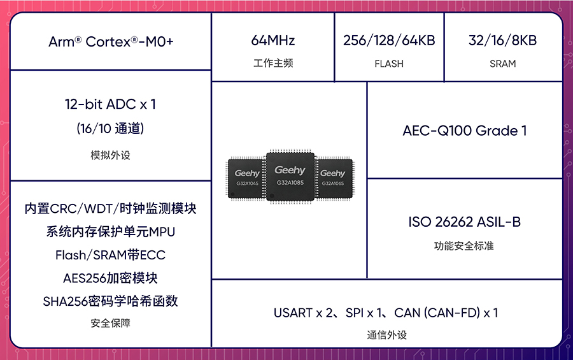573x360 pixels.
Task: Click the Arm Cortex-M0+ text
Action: pyautogui.click(x=111, y=41)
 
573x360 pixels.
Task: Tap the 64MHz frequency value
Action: pyautogui.click(x=273, y=40)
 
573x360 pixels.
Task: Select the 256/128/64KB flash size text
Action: pyautogui.click(x=389, y=40)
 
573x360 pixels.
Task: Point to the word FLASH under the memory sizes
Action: pyautogui.click(x=389, y=64)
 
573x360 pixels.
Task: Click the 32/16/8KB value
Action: pyautogui.click(x=502, y=40)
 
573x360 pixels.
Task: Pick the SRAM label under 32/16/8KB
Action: pyautogui.click(x=503, y=64)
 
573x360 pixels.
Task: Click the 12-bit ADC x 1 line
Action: pyautogui.click(x=110, y=104)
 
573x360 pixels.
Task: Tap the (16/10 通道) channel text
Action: pyautogui.click(x=110, y=129)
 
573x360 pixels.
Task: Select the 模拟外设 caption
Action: pyautogui.click(x=110, y=155)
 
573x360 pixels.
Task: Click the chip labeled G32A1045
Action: pyautogui.click(x=247, y=178)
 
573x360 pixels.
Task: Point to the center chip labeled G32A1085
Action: pyautogui.click(x=290, y=176)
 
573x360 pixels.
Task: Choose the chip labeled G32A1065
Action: pyautogui.click(x=333, y=178)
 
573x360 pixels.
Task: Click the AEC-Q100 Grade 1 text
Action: pyautogui.click(x=465, y=131)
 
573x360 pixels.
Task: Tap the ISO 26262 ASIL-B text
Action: pyautogui.click(x=465, y=222)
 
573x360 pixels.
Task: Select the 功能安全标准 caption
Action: pyautogui.click(x=463, y=246)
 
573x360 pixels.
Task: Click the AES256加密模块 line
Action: pyautogui.click(x=110, y=278)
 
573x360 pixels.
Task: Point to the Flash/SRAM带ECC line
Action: pyautogui.click(x=110, y=255)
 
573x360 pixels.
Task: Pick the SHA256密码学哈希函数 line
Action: pyautogui.click(x=110, y=301)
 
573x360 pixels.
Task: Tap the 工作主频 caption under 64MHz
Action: pyautogui.click(x=273, y=63)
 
